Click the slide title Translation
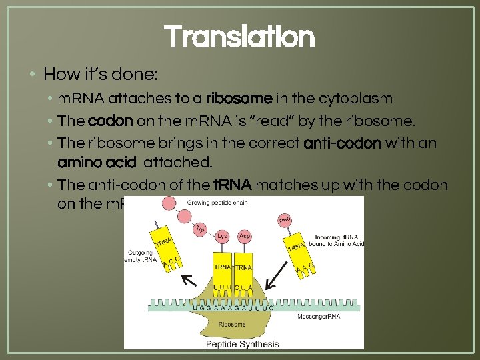pos(239,37)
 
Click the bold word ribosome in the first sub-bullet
pos(239,99)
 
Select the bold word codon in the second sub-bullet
pos(110,121)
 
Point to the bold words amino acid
pos(97,163)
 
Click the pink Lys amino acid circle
pos(222,237)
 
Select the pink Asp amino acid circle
pos(244,237)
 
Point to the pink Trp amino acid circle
pos(199,229)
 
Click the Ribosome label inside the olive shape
pos(232,324)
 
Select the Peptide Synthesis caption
pos(241,344)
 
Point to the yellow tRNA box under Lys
pos(222,267)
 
